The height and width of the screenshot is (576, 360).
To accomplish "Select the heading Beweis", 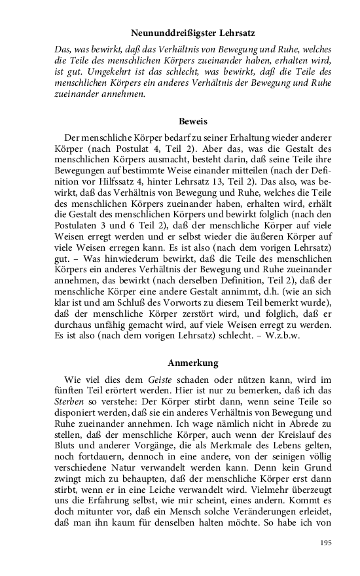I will [192, 122].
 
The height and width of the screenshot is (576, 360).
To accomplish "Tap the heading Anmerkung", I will [192, 362].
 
